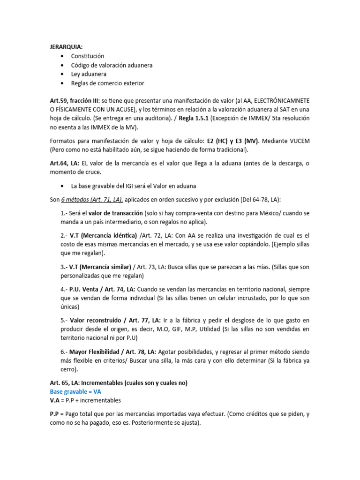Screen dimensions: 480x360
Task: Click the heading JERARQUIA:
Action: [x=66, y=47]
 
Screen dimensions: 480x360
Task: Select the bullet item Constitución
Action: [x=88, y=56]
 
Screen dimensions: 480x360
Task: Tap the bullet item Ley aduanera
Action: [x=89, y=74]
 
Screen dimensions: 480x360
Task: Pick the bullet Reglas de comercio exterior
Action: [x=107, y=83]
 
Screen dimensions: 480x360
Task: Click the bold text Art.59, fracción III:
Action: [x=75, y=101]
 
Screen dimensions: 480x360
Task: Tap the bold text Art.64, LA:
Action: [x=65, y=163]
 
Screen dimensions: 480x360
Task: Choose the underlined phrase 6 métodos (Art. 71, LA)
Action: [x=92, y=200]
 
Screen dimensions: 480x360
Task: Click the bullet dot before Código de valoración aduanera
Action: [x=62, y=65]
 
